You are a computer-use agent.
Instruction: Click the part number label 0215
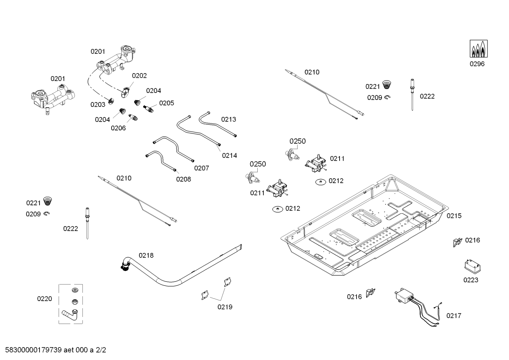454,216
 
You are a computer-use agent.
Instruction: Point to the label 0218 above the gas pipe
146,255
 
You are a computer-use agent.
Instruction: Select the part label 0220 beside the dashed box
44,299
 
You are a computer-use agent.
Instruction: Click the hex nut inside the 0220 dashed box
74,302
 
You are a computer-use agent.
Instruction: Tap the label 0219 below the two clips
225,307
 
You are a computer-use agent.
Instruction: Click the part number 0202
139,76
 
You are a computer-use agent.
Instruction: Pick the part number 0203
98,105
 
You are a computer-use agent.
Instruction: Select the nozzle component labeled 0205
149,108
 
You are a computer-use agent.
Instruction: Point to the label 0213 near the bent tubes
229,119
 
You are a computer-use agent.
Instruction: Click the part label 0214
229,155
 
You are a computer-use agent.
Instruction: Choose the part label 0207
202,168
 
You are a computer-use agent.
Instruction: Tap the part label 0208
184,179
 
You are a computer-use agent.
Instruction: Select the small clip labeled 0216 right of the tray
457,242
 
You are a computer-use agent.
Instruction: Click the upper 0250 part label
298,141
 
